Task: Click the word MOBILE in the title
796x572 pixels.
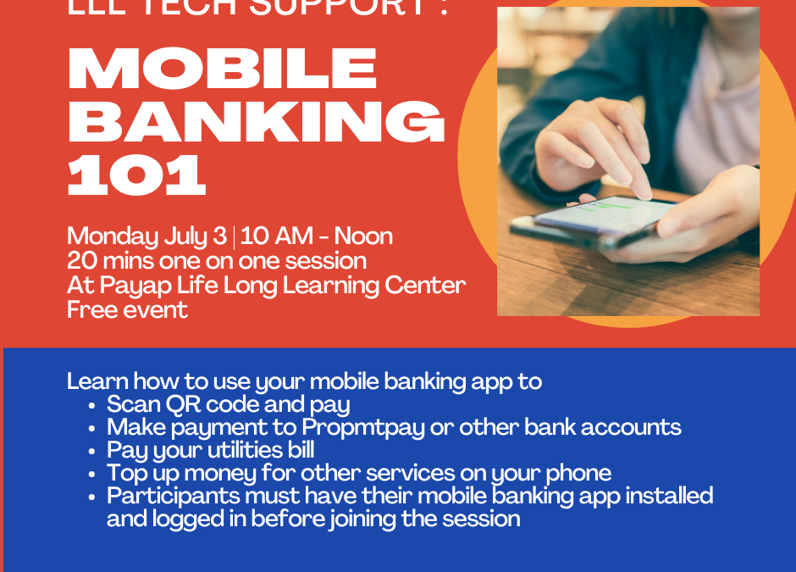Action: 222,68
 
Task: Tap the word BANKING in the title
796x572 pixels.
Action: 256,122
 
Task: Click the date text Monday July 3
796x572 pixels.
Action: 146,236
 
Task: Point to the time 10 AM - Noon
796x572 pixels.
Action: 316,236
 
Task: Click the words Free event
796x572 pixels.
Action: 127,309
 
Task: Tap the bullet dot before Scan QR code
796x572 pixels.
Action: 91,406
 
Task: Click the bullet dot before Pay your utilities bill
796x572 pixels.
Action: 91,451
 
